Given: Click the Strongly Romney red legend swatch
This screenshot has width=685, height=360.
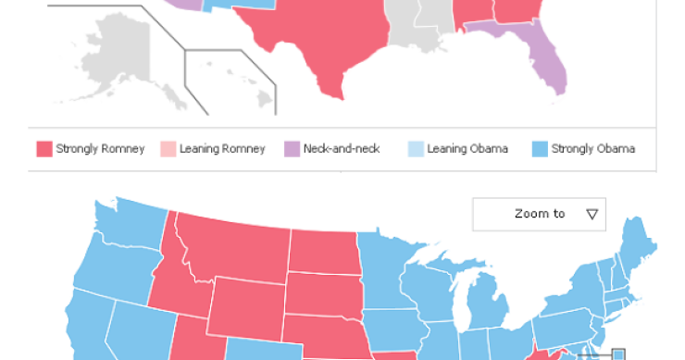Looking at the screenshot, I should point(44,149).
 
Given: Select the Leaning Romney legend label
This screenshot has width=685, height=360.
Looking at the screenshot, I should point(221,149).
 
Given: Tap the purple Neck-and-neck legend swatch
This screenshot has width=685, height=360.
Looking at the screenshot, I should point(292,149).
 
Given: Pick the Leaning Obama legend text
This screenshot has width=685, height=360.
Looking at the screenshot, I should point(467,149).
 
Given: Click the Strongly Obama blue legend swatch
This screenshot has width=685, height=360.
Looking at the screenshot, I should point(540,149).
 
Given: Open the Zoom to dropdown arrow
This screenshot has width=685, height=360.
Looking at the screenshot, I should point(592,214).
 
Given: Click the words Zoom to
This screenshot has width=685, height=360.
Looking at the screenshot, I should point(540,214).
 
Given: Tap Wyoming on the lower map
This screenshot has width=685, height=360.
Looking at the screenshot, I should point(245,305).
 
